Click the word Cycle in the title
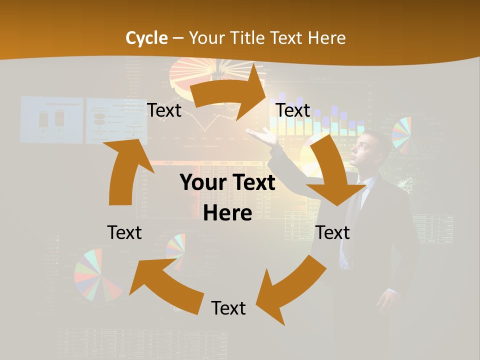pos(146,38)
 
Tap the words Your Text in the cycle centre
pos(227,183)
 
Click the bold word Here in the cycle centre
pos(227,213)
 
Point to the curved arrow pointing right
pos(230,90)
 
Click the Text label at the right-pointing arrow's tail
pos(164,110)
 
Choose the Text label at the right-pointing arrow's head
pos(293,110)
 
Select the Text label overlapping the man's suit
pos(332,232)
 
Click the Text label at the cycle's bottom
pos(228,308)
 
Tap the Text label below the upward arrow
pos(124,232)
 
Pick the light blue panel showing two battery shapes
pos(51,120)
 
